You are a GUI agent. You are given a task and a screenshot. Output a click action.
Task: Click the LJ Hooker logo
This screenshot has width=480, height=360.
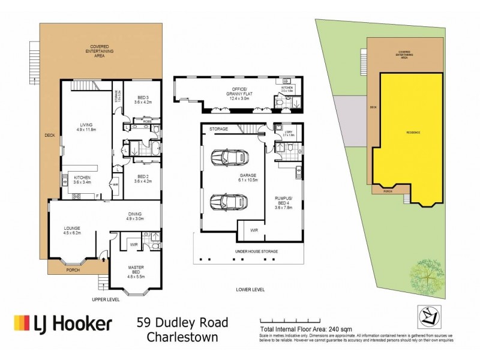(x=62, y=325)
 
